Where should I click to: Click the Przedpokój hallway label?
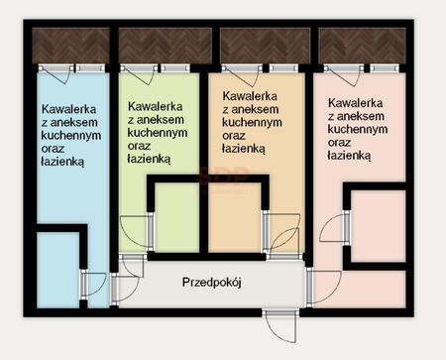tap(212, 283)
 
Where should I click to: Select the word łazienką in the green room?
tap(150, 157)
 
